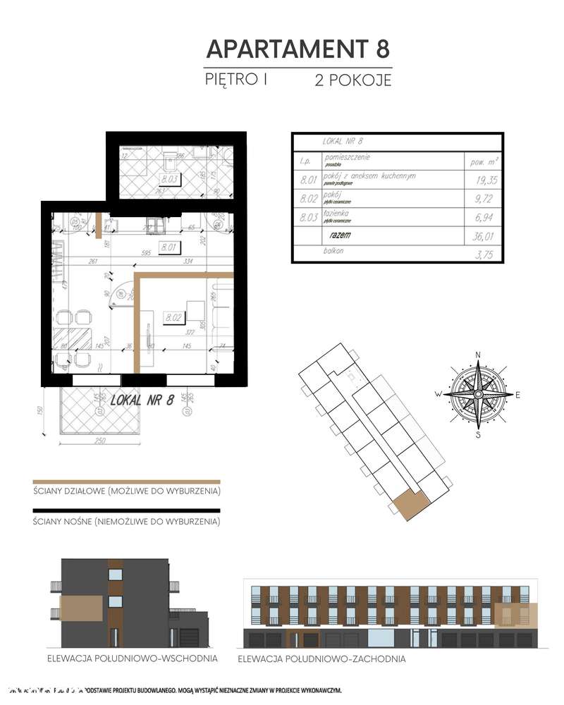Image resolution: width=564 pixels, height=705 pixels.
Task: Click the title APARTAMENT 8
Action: coord(297,49)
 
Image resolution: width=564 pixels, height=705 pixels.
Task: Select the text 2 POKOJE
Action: coord(352,80)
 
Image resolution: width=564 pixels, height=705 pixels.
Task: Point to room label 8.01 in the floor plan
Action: coord(168,247)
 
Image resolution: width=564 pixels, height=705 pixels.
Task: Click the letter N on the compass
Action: coord(478,355)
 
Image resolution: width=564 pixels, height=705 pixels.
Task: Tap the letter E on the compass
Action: coord(517,395)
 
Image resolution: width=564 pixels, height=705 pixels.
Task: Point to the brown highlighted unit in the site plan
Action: coord(410,505)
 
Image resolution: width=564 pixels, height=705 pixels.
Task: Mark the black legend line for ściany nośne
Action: coord(127,510)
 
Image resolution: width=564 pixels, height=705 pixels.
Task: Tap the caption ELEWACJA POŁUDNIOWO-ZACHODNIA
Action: coord(321,659)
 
